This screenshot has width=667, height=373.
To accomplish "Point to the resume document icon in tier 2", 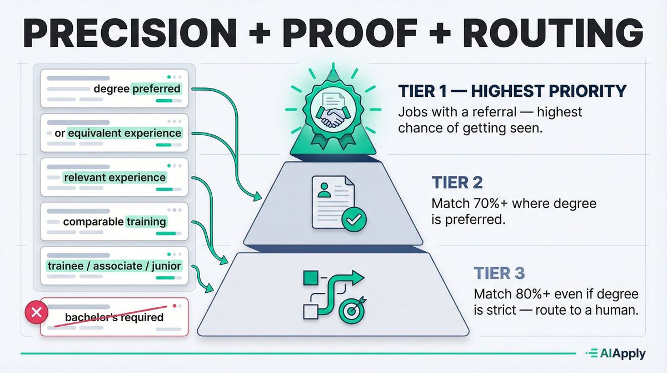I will click(x=331, y=202).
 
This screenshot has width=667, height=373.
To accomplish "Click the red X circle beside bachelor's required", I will click(x=37, y=313).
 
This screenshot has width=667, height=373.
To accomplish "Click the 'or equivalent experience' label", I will click(x=118, y=133).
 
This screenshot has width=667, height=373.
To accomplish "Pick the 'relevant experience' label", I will click(x=115, y=178).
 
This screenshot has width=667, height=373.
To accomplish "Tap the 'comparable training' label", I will click(x=115, y=222).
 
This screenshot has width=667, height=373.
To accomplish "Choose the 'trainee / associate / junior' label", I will click(x=113, y=266).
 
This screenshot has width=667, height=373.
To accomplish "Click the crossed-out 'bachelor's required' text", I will click(x=114, y=318).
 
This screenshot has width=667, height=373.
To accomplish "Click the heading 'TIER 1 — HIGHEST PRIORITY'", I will click(x=512, y=91).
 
